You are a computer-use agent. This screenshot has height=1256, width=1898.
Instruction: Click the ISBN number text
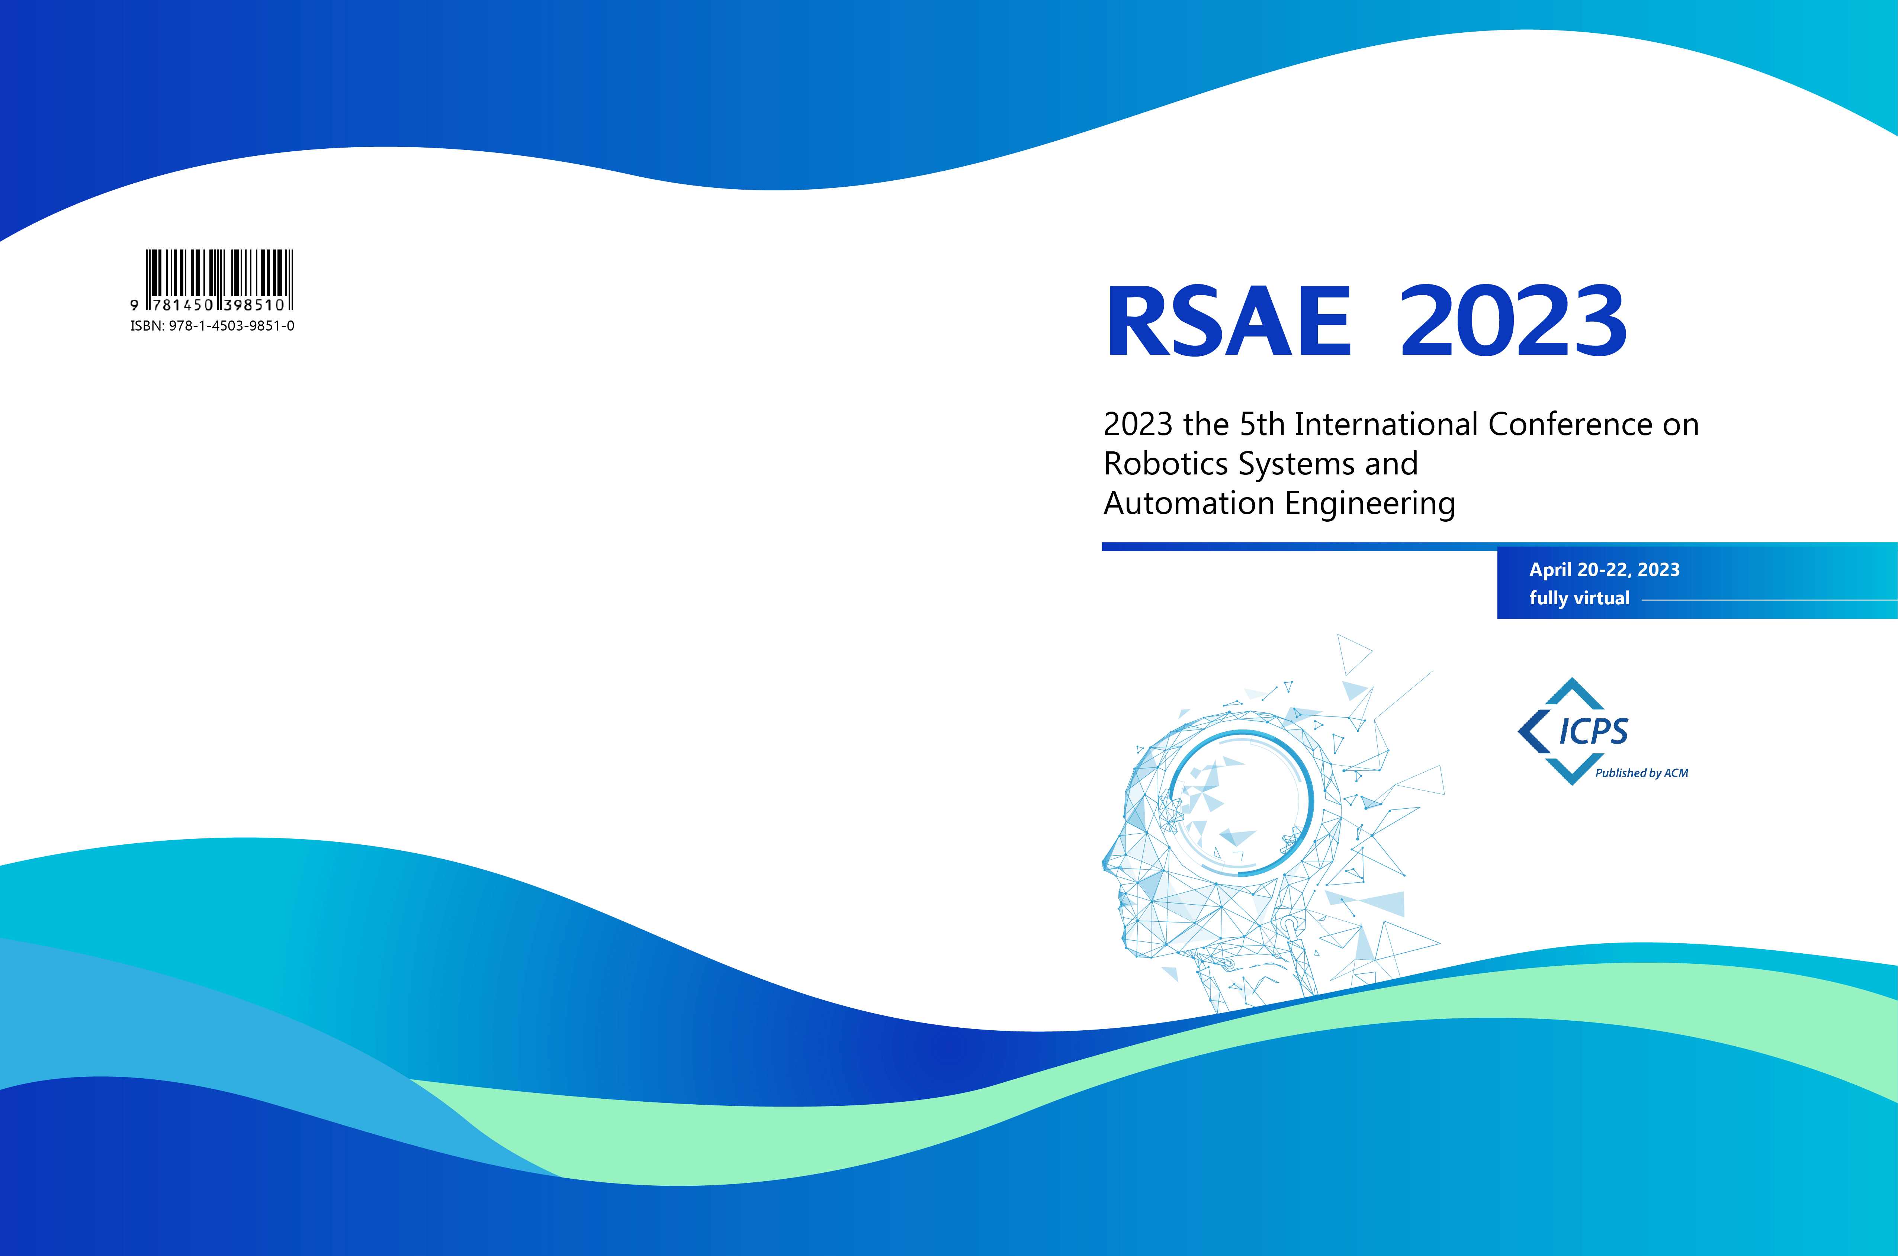(212, 326)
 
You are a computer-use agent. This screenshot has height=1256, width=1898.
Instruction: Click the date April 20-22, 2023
(1604, 570)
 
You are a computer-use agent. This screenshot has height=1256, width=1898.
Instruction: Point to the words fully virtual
(1579, 598)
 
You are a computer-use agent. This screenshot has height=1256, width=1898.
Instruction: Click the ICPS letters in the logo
(1593, 731)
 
